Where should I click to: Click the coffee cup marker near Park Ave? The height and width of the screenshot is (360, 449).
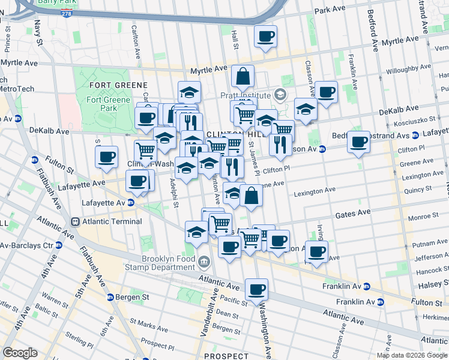coord(265,36)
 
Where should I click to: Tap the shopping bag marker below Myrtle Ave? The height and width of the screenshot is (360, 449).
coord(242,76)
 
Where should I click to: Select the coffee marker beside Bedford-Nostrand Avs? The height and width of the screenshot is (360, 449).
coord(359,142)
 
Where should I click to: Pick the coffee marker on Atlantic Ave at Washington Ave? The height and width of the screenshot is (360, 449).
coord(256,290)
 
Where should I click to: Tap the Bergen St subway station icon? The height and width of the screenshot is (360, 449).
coord(110,297)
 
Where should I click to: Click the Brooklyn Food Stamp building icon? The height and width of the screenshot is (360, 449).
coord(204,261)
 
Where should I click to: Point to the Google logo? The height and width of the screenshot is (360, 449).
coord(19,353)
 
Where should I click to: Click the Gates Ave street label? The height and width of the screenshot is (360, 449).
coord(352,213)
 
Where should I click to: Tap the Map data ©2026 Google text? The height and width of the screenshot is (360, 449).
coord(412,355)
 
